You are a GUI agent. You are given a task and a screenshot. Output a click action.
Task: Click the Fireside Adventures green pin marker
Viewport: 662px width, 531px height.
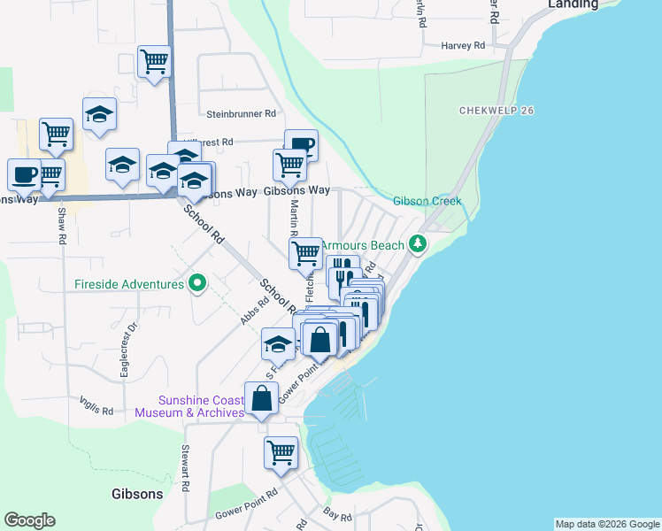(197, 283)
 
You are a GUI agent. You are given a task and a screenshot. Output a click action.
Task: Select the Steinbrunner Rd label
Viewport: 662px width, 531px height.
(242, 114)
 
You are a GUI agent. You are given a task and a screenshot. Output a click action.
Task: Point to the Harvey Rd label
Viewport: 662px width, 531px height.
(464, 45)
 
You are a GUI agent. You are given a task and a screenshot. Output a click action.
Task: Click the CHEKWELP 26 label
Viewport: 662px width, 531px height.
(498, 111)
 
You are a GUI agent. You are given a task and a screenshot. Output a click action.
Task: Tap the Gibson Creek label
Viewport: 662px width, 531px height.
(427, 201)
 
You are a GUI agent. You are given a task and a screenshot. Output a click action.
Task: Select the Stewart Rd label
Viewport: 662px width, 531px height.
(186, 469)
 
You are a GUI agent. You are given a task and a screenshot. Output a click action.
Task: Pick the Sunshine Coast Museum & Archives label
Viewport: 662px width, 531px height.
(189, 406)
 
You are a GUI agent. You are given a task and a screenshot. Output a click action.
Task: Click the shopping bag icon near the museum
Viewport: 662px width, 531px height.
(262, 399)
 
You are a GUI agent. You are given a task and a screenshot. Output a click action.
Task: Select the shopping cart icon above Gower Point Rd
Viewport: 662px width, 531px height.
(281, 452)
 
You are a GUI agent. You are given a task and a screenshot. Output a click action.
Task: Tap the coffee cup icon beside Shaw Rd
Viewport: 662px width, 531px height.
(24, 173)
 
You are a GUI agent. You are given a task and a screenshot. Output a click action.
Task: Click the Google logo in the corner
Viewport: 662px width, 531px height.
(29, 520)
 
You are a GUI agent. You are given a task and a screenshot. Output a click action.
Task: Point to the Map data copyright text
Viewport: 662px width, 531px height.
(607, 524)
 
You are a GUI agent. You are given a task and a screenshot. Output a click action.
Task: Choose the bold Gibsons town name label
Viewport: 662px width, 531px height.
(137, 493)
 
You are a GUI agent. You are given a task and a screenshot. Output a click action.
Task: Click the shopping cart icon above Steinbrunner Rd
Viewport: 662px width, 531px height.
(154, 62)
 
